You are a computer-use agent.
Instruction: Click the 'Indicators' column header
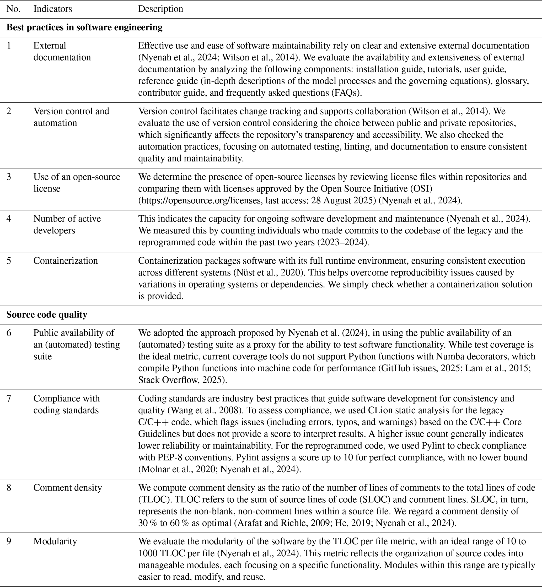pos(52,9)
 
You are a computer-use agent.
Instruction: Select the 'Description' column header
pos(160,9)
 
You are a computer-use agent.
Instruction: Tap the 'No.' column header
pos(13,9)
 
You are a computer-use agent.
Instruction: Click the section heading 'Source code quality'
pos(47,314)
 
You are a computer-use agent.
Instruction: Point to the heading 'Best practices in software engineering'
pos(84,27)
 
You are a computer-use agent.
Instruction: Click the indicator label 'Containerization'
pos(65,260)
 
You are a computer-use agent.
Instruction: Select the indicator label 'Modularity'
pos(55,541)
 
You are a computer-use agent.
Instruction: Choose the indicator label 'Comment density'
pos(67,487)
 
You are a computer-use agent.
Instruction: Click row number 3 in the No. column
pos(9,177)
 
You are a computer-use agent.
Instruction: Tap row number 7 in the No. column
pos(9,398)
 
